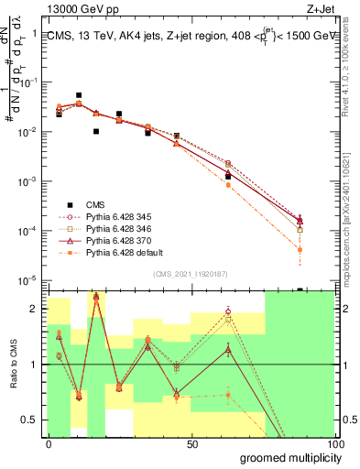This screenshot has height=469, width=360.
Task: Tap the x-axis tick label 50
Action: point(192,444)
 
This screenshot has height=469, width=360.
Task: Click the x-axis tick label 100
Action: point(333,444)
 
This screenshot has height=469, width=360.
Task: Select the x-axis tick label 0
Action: point(49,444)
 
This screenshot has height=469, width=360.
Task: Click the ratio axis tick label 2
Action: point(35,309)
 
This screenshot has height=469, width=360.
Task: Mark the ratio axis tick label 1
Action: point(35,365)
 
